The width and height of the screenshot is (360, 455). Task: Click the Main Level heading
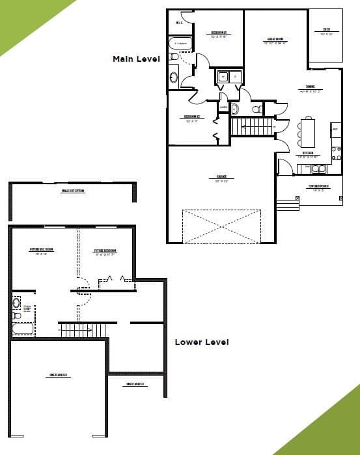tap(136, 59)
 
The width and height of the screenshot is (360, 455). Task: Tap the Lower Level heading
tap(201, 342)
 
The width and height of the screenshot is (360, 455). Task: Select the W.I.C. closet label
tap(179, 23)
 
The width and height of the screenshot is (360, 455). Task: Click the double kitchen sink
tap(318, 169)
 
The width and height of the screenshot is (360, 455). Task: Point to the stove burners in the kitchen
tap(337, 153)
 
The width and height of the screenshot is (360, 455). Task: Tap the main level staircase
tap(252, 126)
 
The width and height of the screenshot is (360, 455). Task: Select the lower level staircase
tap(83, 331)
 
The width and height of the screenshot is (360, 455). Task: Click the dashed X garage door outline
tap(221, 226)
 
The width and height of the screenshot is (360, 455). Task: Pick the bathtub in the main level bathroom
tap(181, 44)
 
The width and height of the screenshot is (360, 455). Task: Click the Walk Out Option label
tap(74, 191)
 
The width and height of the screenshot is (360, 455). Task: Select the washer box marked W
tap(223, 77)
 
